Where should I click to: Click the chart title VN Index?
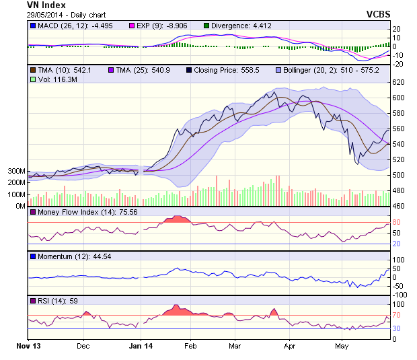46,5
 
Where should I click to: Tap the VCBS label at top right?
379,13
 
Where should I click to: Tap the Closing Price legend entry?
223,69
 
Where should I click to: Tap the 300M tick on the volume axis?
15,172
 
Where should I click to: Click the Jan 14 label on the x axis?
141,348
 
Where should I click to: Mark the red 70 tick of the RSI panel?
397,314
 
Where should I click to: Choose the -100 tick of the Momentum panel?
400,295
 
